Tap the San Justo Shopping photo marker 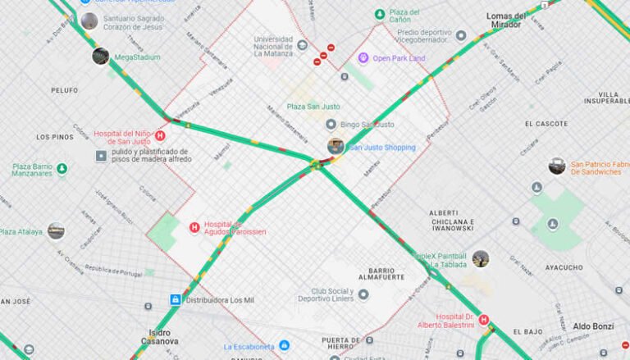pos(336,147)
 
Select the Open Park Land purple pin pos(363,58)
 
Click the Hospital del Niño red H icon pos(160,136)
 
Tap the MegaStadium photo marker pos(101,57)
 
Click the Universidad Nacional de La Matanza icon pos(303,44)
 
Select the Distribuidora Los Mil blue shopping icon pos(176,299)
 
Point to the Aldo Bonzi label pos(592,326)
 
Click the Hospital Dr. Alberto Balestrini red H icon pos(483,320)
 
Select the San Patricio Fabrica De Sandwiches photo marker pos(557,166)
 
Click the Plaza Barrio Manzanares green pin pos(62,169)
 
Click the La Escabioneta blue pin pos(284,346)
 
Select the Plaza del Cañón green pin pos(379,15)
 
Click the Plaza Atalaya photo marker pos(56,231)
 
